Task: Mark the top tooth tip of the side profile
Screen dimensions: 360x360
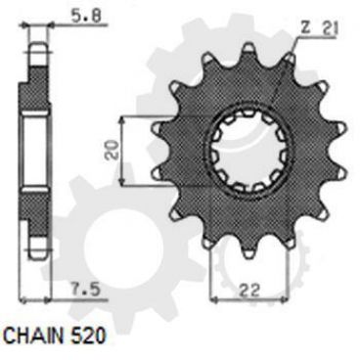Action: (39, 39)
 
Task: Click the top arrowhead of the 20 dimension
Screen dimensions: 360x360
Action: (120, 117)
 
